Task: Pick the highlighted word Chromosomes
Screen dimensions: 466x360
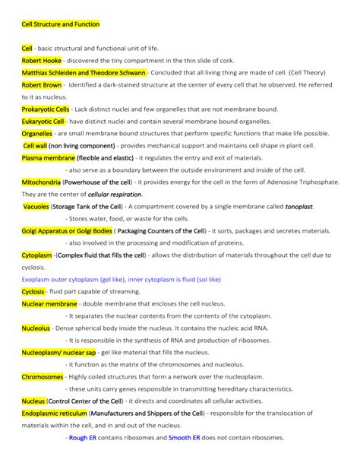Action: pos(43,377)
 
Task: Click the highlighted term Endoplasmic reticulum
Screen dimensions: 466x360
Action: pos(58,414)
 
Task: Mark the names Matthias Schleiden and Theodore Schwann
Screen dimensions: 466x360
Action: pos(84,72)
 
